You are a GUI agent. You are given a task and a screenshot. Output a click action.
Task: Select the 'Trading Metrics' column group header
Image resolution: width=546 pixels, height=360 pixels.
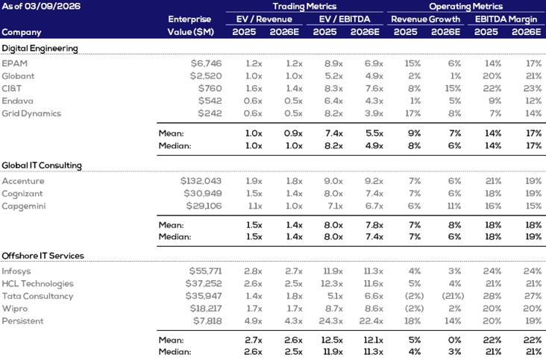[311, 6]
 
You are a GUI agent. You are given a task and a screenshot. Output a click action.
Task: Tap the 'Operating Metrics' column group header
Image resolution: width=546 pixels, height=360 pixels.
[466, 6]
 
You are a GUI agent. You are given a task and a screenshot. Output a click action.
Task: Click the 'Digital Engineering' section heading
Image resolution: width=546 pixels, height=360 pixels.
[40, 48]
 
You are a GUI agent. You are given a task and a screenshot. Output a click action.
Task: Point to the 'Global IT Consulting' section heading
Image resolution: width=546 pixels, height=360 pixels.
[42, 165]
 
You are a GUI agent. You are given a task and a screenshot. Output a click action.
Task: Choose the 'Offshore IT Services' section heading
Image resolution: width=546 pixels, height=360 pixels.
[43, 256]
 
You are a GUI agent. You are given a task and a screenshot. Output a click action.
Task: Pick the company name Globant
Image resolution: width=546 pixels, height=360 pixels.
[19, 76]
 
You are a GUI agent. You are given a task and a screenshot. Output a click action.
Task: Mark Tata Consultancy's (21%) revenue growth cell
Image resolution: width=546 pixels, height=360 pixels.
[446, 296]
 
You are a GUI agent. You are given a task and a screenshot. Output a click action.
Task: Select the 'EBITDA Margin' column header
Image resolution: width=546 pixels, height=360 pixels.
[506, 19]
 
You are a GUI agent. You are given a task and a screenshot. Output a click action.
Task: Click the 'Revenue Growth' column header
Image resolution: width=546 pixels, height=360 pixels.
[426, 19]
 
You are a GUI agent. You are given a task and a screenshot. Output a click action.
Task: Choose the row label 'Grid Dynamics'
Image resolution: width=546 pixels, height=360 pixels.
[31, 113]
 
